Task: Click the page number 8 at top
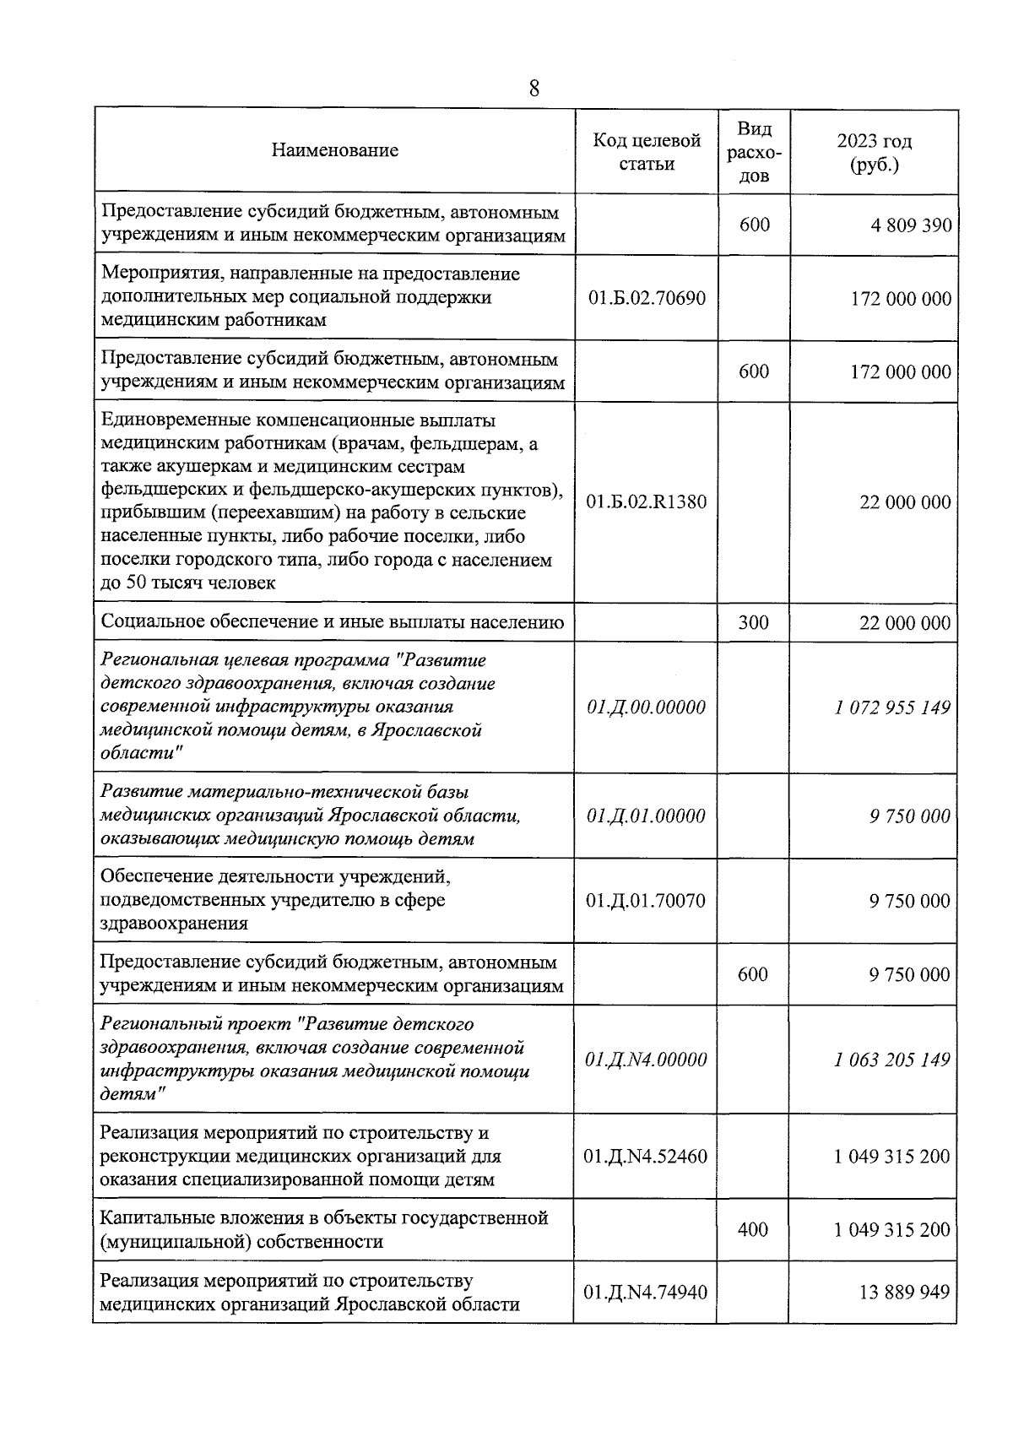[x=534, y=88]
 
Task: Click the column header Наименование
[x=335, y=151]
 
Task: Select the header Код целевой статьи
[x=647, y=152]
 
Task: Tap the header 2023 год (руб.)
[x=874, y=153]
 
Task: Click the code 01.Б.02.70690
[x=647, y=299]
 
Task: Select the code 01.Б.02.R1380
[x=647, y=502]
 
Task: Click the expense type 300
[x=753, y=623]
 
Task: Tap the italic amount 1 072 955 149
[x=892, y=707]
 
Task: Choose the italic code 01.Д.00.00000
[x=647, y=707]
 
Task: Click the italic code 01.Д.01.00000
[x=647, y=816]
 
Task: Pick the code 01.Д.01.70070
[x=647, y=901]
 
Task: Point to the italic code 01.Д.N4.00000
[x=647, y=1060]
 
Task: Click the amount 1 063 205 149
[x=892, y=1060]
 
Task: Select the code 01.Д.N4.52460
[x=647, y=1157]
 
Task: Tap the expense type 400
[x=753, y=1230]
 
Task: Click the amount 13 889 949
[x=904, y=1293]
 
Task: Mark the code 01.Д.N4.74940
[x=647, y=1293]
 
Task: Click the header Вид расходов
[x=754, y=152]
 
